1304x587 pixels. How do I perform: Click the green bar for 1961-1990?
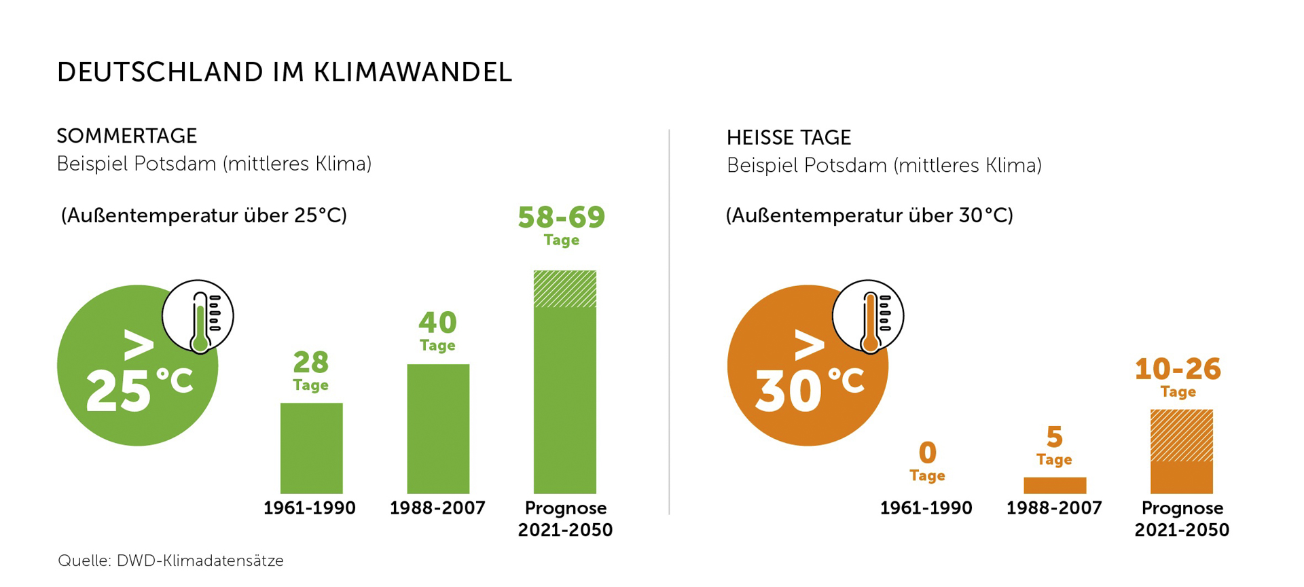pos(311,448)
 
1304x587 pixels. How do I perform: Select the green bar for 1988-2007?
pos(438,429)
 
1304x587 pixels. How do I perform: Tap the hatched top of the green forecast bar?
pos(564,289)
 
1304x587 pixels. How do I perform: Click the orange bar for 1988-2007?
pos(1055,485)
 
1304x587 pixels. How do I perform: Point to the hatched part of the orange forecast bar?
pos(1181,435)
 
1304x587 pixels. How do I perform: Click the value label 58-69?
pos(561,217)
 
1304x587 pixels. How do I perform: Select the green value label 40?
pos(437,323)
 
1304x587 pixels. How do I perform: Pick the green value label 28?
pos(310,363)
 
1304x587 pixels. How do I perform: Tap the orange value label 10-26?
pos(1178,369)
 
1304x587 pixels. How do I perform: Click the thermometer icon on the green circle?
pos(198,317)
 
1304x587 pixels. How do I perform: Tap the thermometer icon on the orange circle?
pos(869,317)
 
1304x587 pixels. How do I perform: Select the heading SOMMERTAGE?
pos(127,136)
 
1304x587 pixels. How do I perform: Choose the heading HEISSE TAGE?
pos(789,138)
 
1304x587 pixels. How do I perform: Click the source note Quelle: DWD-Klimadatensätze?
pos(170,561)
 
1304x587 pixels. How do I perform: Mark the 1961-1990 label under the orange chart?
pos(926,508)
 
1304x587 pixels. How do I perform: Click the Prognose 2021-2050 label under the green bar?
pos(565,518)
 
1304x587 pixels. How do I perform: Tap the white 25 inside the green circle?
pos(118,392)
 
